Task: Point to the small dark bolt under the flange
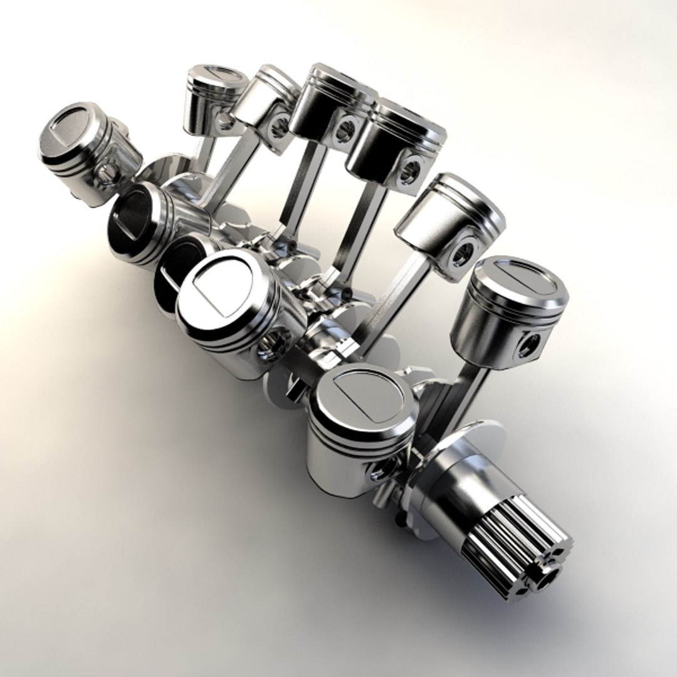(x=400, y=518)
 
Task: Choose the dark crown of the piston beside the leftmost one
(x=132, y=213)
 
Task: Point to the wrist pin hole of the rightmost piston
(x=528, y=345)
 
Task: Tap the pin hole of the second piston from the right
(x=462, y=253)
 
